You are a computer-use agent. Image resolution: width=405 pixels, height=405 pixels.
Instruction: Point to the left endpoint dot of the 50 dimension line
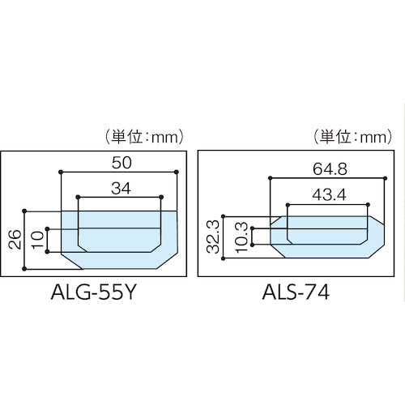tap(60, 172)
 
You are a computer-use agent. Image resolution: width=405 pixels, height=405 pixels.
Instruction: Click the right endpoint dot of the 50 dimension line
tap(177, 172)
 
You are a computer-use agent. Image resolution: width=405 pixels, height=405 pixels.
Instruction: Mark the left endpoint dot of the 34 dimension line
tap(79, 197)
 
